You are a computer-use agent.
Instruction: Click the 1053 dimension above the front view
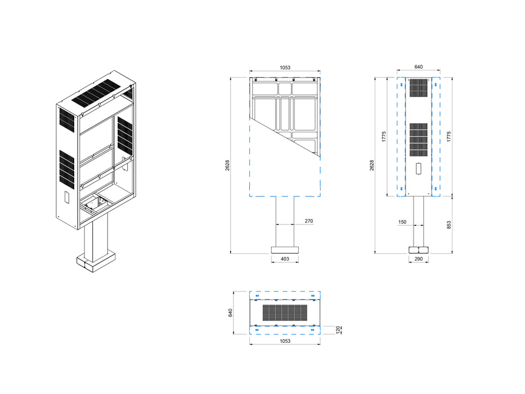tap(285, 68)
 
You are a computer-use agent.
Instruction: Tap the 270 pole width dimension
tap(308, 221)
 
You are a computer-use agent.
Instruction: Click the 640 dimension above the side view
tap(418, 67)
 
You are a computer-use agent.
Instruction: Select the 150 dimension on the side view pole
tap(402, 222)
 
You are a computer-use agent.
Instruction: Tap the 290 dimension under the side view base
tap(418, 259)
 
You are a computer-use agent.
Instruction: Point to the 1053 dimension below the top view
tap(285, 342)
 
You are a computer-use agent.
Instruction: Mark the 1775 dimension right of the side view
tap(448, 136)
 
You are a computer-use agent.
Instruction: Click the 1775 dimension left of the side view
tap(383, 136)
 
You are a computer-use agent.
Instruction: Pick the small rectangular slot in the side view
tap(418, 168)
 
